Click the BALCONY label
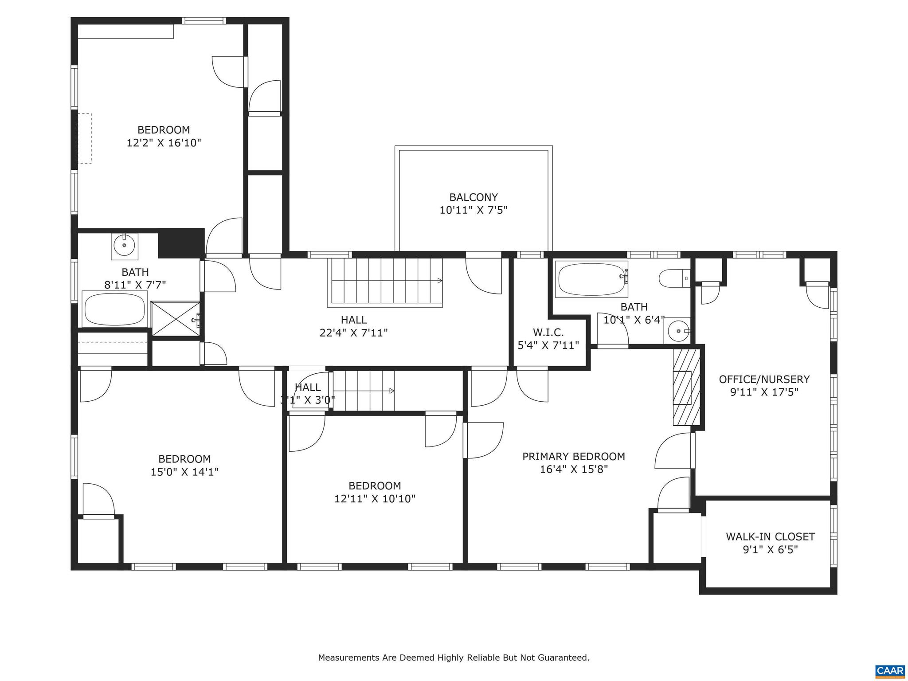tap(473, 197)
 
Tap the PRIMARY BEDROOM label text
tap(573, 457)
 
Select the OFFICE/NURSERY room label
tap(764, 380)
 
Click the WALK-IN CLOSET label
tap(770, 537)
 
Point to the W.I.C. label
tap(548, 332)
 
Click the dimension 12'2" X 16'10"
tap(164, 143)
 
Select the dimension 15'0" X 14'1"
tap(184, 472)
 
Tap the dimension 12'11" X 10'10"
tap(375, 499)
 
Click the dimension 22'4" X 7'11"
tap(353, 333)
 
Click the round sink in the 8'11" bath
tap(124, 245)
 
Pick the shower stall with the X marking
tap(175, 318)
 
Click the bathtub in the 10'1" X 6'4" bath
tap(591, 279)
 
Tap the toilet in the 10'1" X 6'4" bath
tap(673, 279)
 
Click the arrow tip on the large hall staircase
tap(440, 280)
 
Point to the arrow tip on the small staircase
tap(392, 391)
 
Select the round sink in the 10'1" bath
tap(678, 331)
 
